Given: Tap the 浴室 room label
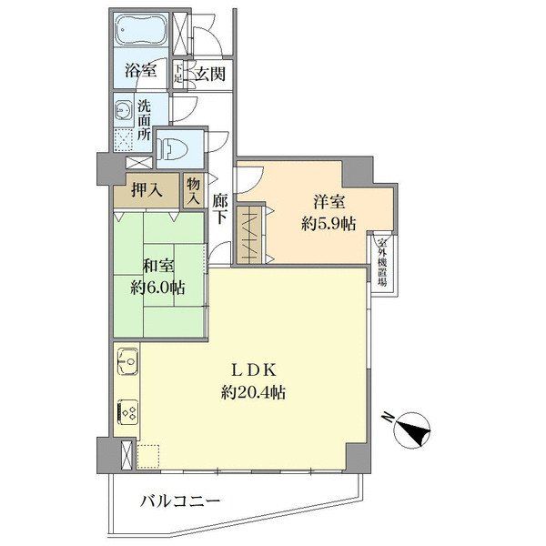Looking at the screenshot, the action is pyautogui.click(x=140, y=71).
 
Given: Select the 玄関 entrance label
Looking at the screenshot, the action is pyautogui.click(x=209, y=74).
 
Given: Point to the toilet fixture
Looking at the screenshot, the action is pyautogui.click(x=172, y=148).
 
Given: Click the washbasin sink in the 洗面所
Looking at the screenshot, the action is pyautogui.click(x=123, y=109).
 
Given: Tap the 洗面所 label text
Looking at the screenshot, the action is pyautogui.click(x=144, y=120).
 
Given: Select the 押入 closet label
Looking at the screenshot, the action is pyautogui.click(x=147, y=190).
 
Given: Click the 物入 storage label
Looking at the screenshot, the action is pyautogui.click(x=193, y=191).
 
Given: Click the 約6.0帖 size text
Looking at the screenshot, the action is pyautogui.click(x=157, y=288).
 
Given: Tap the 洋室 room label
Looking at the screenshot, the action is pyautogui.click(x=329, y=202).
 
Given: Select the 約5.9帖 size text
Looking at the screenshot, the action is pyautogui.click(x=329, y=224).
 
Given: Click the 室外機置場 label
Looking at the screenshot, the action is pyautogui.click(x=382, y=262).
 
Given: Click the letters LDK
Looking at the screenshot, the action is pyautogui.click(x=254, y=371).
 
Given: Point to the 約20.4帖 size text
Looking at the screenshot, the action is pyautogui.click(x=253, y=393).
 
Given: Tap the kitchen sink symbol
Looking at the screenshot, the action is pyautogui.click(x=127, y=361).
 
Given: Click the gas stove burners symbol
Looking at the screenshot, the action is pyautogui.click(x=127, y=412).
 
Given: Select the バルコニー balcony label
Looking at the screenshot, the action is pyautogui.click(x=180, y=501).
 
